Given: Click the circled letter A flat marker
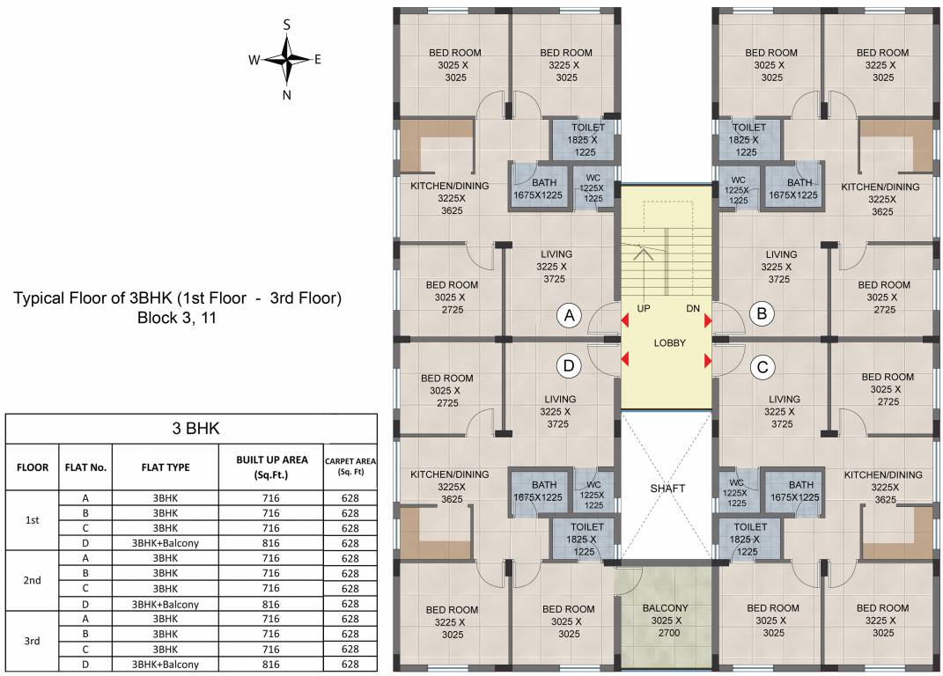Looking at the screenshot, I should coord(571,314).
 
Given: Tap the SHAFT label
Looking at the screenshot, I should coord(667,489).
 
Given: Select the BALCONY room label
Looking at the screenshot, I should coord(666,608).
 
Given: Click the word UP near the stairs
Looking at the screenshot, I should coord(644,309).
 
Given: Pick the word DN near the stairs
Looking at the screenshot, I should coord(693,309).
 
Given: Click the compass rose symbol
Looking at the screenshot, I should coord(287,60).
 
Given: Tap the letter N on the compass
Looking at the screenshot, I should coord(287,95).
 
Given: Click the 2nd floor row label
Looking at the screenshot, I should coord(33,580).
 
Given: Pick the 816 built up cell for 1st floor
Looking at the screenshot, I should coord(271,543).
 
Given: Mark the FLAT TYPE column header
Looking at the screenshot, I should coord(166,467).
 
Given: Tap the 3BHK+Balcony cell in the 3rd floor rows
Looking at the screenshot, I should coord(166,664).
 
